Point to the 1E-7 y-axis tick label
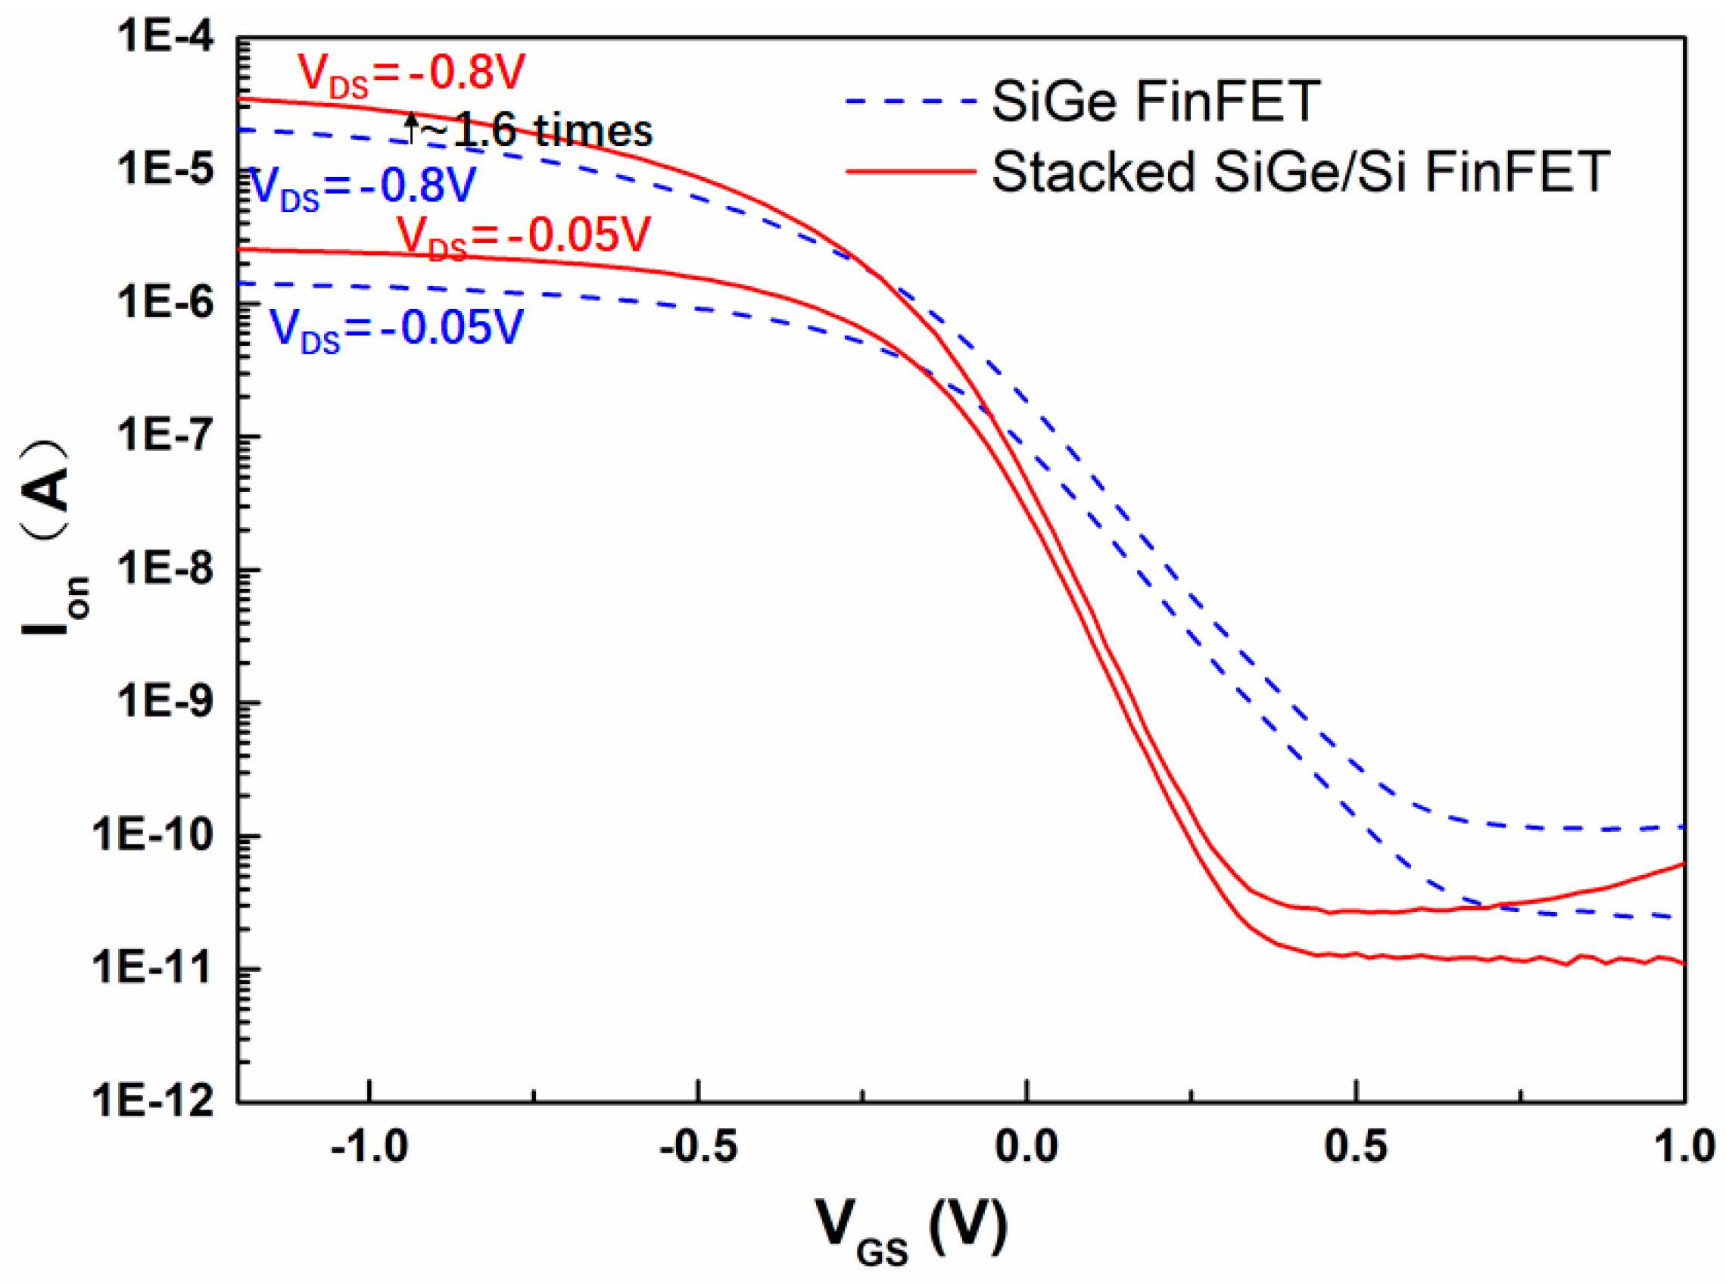point(165,437)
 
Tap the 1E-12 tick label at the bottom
point(155,1101)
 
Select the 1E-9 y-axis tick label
point(165,703)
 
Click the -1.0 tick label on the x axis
point(369,1147)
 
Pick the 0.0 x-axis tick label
point(1027,1147)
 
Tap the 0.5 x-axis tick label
point(1356,1147)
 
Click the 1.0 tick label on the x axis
point(1683,1147)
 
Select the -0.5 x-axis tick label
point(697,1147)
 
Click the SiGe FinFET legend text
point(1155,101)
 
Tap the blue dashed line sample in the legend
point(911,101)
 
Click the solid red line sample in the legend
point(911,171)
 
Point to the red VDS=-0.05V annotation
point(524,236)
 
